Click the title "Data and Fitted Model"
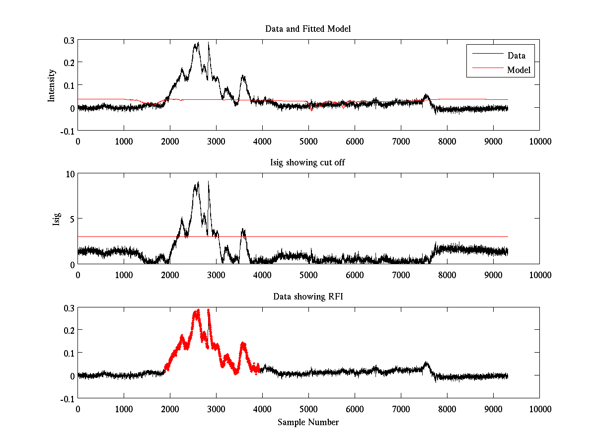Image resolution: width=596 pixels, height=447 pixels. (308, 29)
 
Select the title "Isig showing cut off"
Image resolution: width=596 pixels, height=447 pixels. (308, 163)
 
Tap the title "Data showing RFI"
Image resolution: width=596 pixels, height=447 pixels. (308, 297)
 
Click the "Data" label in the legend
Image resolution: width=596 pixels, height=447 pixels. (517, 56)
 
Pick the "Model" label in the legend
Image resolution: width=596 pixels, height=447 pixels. (519, 70)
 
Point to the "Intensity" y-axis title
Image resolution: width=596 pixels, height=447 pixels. (52, 85)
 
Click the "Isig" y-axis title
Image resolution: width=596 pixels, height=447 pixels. (57, 219)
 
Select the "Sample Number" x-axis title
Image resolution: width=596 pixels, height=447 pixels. (308, 423)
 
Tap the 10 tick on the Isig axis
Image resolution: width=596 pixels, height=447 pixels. (70, 174)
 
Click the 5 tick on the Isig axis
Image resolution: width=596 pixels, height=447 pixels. (72, 219)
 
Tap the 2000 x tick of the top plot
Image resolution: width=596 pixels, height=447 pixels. (170, 141)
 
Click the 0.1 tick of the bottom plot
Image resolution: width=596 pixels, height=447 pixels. (69, 353)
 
